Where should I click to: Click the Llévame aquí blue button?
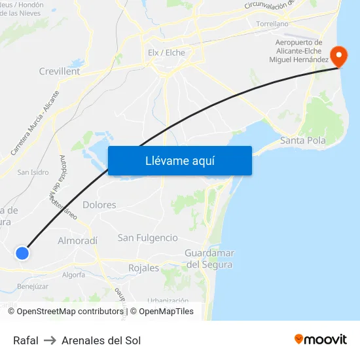[x=179, y=160]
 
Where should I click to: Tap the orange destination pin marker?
[x=340, y=55]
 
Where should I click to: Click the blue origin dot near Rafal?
[x=22, y=253]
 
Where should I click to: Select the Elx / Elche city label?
[x=166, y=52]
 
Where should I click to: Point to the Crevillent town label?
[x=60, y=71]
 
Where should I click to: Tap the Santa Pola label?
[x=302, y=140]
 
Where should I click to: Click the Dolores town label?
[x=99, y=205]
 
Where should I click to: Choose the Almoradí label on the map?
[x=78, y=240]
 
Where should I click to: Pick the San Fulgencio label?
[x=147, y=238]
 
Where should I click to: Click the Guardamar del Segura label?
[x=209, y=259]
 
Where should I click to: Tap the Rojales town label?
[x=143, y=268]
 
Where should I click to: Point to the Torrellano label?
[x=272, y=24]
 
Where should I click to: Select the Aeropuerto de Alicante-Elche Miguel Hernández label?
[x=298, y=51]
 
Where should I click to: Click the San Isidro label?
[x=33, y=173]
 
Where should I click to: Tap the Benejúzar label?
[x=33, y=286]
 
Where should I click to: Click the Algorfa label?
[x=73, y=275]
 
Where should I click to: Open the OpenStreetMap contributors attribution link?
[x=70, y=312]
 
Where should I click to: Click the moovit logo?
[x=321, y=339]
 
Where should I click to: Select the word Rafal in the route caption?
[x=26, y=340]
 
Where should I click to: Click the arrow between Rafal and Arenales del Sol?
[x=50, y=340]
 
